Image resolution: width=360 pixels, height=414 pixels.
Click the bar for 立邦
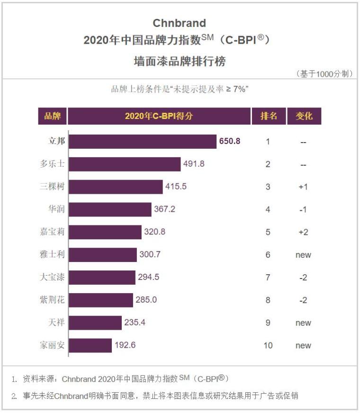[142, 141]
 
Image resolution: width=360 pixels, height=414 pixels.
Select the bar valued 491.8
[125, 164]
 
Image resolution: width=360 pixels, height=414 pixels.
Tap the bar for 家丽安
[90, 345]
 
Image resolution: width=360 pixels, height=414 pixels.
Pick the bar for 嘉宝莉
[105, 232]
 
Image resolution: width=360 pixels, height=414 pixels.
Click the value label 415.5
[176, 187]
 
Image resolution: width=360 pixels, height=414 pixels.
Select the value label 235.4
[135, 323]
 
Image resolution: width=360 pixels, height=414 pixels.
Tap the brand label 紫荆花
[52, 300]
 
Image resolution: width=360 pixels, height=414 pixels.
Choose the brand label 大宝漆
[52, 277]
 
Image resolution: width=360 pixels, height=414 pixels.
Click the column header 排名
[269, 117]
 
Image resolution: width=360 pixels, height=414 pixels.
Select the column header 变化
[304, 117]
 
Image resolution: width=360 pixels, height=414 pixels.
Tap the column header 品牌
[52, 117]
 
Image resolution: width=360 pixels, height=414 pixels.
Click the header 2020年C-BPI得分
[159, 117]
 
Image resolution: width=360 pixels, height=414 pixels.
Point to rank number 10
[268, 345]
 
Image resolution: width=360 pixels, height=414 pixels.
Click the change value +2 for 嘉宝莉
[303, 232]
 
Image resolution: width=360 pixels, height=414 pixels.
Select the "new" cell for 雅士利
[303, 255]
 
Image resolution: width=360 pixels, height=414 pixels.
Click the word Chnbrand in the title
[179, 23]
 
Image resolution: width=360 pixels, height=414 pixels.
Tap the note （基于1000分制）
[324, 74]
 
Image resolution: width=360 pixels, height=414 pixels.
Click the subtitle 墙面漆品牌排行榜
[180, 62]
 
